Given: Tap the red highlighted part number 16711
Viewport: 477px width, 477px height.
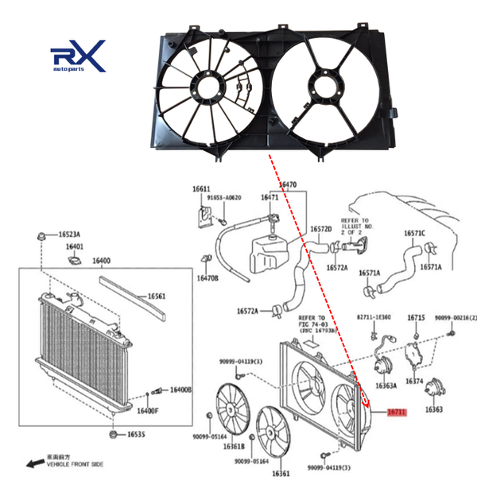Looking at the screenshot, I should (397, 412).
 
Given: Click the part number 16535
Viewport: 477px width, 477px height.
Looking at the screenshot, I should (134, 435).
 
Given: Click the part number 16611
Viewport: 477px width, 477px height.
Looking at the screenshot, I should (200, 188).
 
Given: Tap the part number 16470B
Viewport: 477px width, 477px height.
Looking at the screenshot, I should (207, 278).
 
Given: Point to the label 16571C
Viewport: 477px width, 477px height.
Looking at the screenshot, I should (414, 233).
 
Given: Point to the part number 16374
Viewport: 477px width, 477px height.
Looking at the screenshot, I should (415, 381).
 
